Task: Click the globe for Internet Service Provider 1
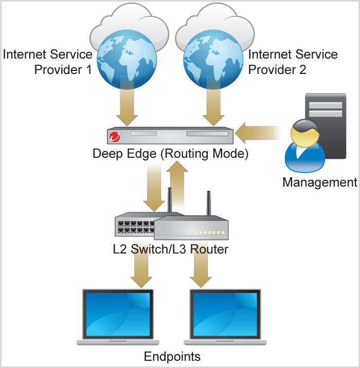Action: (126, 59)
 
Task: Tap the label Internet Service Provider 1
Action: (48, 62)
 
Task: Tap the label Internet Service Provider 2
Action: (293, 62)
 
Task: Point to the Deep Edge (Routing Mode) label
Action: (170, 154)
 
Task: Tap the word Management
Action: (319, 182)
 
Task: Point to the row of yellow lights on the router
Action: (209, 233)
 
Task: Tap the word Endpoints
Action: (172, 356)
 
